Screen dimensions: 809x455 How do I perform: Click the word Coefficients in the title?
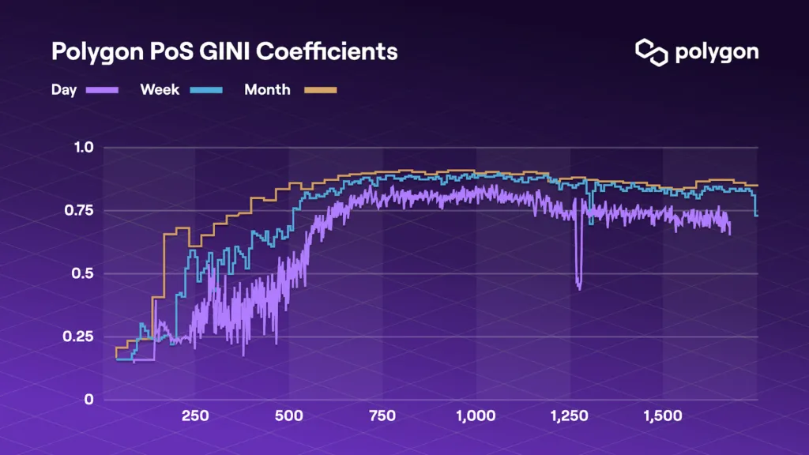[x=326, y=51]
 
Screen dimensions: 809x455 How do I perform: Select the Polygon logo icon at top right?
[x=652, y=52]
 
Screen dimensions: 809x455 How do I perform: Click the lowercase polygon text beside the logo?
[x=717, y=53]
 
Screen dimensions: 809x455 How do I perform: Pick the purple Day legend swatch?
[x=102, y=90]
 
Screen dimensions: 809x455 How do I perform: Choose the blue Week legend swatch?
[x=206, y=90]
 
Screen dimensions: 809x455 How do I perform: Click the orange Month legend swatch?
[x=321, y=90]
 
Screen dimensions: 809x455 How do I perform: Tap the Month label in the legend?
[x=267, y=90]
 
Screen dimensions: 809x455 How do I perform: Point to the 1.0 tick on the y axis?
[x=84, y=148]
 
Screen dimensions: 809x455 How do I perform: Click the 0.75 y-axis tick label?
[x=79, y=210]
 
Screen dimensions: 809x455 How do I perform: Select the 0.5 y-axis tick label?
[x=82, y=273]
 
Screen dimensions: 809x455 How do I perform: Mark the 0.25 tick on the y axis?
[x=78, y=337]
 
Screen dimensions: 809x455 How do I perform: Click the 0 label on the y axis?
[x=88, y=399]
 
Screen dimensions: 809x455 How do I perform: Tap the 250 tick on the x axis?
[x=195, y=416]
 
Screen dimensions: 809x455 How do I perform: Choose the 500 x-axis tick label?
[x=289, y=416]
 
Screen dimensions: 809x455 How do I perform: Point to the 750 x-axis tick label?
[x=382, y=416]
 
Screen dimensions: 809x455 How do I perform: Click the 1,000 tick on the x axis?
[x=476, y=416]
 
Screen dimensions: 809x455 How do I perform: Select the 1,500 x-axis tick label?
[x=663, y=416]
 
